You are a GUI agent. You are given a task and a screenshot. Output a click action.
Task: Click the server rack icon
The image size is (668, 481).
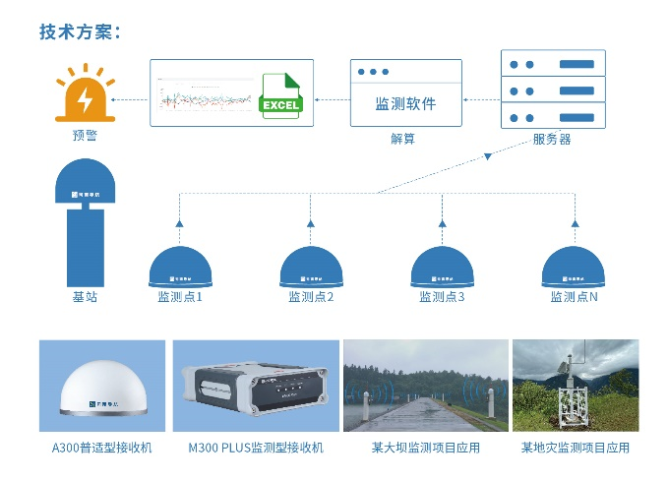[x=553, y=90]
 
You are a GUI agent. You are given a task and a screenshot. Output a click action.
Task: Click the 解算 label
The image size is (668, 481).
[x=403, y=139]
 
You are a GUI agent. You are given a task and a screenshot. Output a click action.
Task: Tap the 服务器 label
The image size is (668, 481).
[x=552, y=139]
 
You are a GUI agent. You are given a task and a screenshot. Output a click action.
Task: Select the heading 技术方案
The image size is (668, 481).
[x=80, y=31]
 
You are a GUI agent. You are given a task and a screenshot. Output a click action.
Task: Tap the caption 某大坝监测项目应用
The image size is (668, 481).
[x=425, y=448]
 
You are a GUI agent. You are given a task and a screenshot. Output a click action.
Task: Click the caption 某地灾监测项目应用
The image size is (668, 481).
[x=576, y=448]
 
